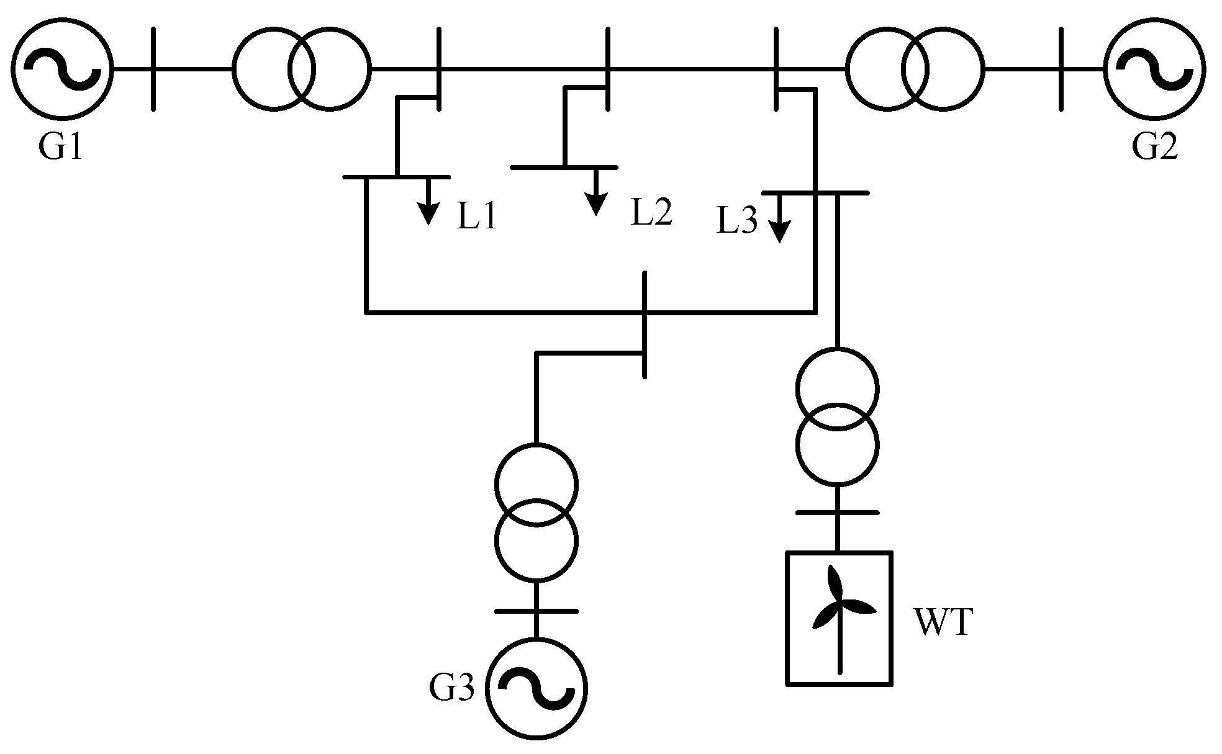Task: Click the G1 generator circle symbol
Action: click(x=62, y=68)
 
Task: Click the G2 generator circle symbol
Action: click(x=1155, y=68)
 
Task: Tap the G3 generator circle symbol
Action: click(x=536, y=689)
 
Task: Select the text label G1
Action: click(x=60, y=148)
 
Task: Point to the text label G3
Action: click(x=451, y=689)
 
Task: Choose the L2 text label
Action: click(x=651, y=212)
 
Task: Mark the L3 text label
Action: click(x=737, y=221)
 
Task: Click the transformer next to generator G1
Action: click(x=302, y=68)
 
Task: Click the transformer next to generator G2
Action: click(x=914, y=68)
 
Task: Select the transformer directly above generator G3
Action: click(x=536, y=512)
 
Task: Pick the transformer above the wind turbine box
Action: click(x=837, y=416)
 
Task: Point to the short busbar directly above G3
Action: click(x=536, y=611)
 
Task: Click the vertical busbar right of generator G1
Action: click(x=153, y=68)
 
